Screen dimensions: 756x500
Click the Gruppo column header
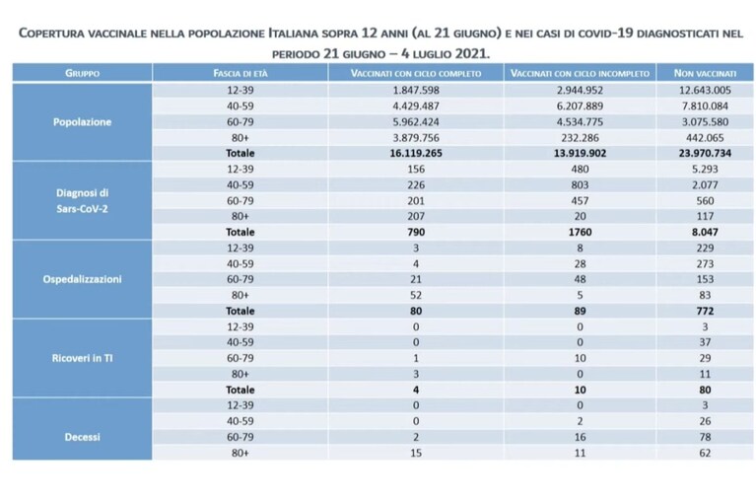coord(82,73)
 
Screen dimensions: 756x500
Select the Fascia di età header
coord(241,73)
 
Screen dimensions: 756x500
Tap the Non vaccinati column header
coord(705,73)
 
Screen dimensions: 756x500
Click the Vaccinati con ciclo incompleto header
coord(580,73)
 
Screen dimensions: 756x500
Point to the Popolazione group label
coord(82,122)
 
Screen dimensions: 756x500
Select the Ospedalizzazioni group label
coord(82,279)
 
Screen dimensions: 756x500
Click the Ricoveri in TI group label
coord(82,358)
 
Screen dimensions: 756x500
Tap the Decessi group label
coord(82,437)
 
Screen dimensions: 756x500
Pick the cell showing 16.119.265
coord(416,154)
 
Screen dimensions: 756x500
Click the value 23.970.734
coord(705,154)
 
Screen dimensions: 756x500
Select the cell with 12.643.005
coord(705,91)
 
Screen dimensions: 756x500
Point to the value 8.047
coord(705,232)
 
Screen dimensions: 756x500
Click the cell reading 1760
coord(580,232)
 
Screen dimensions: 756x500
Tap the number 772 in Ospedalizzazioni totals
coord(705,312)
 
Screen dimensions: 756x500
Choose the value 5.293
coord(705,170)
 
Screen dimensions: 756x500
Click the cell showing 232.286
coord(580,138)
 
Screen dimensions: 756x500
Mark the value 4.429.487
coord(416,107)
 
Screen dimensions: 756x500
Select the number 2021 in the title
coord(472,53)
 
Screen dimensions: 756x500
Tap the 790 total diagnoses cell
coord(416,232)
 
